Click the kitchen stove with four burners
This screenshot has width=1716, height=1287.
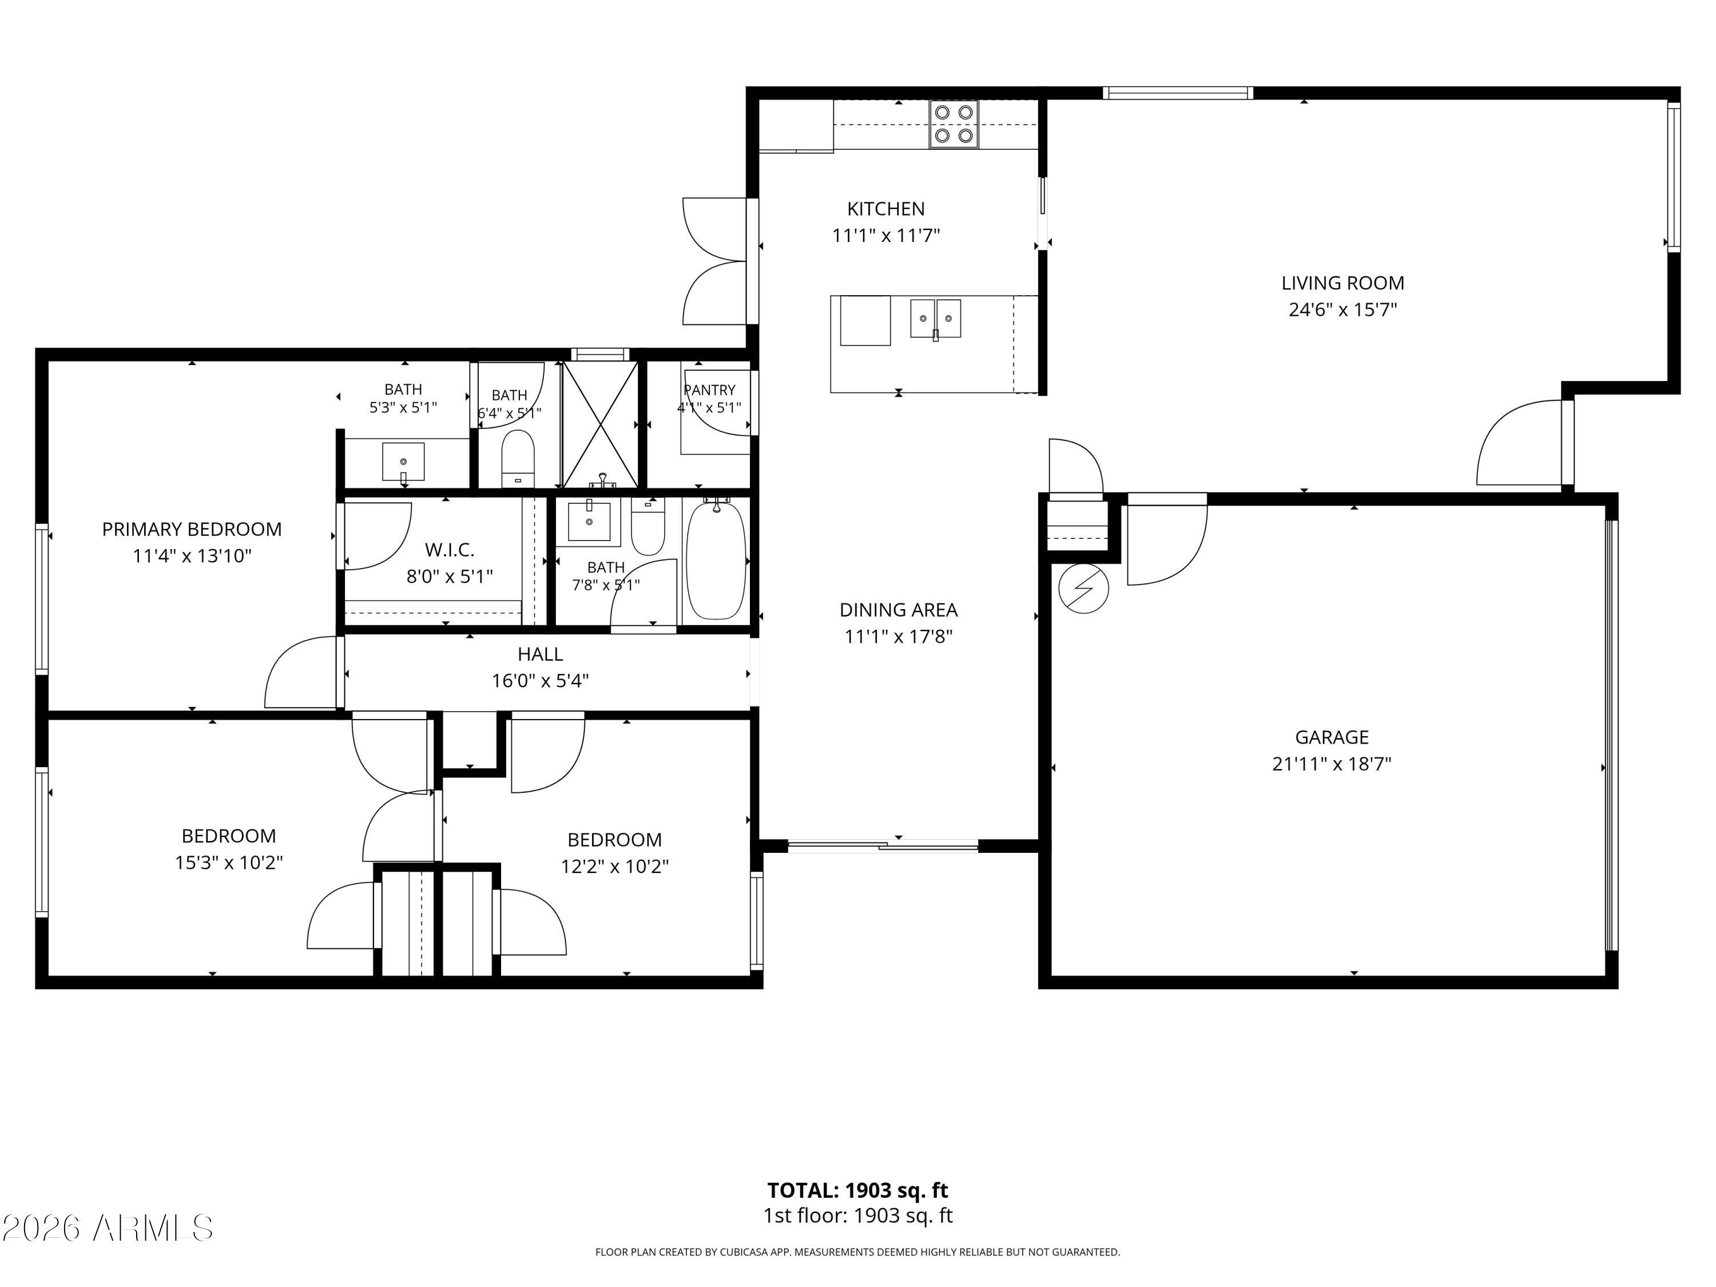pyautogui.click(x=954, y=124)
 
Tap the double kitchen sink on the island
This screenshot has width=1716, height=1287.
pyautogui.click(x=936, y=319)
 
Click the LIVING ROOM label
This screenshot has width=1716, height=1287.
pyautogui.click(x=1343, y=283)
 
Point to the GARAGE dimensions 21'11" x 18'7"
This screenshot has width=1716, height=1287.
pyautogui.click(x=1332, y=764)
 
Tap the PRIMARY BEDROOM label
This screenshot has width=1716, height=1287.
pyautogui.click(x=192, y=529)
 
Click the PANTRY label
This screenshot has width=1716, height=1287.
pyautogui.click(x=709, y=390)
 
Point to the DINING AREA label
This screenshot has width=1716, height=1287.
pyautogui.click(x=899, y=610)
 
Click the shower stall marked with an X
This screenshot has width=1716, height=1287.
pyautogui.click(x=599, y=425)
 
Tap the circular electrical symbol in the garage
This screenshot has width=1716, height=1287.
pyautogui.click(x=1084, y=589)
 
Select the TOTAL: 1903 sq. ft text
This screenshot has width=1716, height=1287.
pyautogui.click(x=858, y=1190)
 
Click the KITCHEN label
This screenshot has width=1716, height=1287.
pyautogui.click(x=886, y=209)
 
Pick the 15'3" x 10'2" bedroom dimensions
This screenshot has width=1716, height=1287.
pyautogui.click(x=229, y=863)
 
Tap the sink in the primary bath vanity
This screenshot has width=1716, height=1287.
pyautogui.click(x=403, y=462)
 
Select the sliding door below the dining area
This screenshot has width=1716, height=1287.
pyautogui.click(x=883, y=847)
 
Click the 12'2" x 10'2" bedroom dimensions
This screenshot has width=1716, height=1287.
pyautogui.click(x=614, y=867)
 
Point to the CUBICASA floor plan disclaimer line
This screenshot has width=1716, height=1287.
pyautogui.click(x=857, y=1252)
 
